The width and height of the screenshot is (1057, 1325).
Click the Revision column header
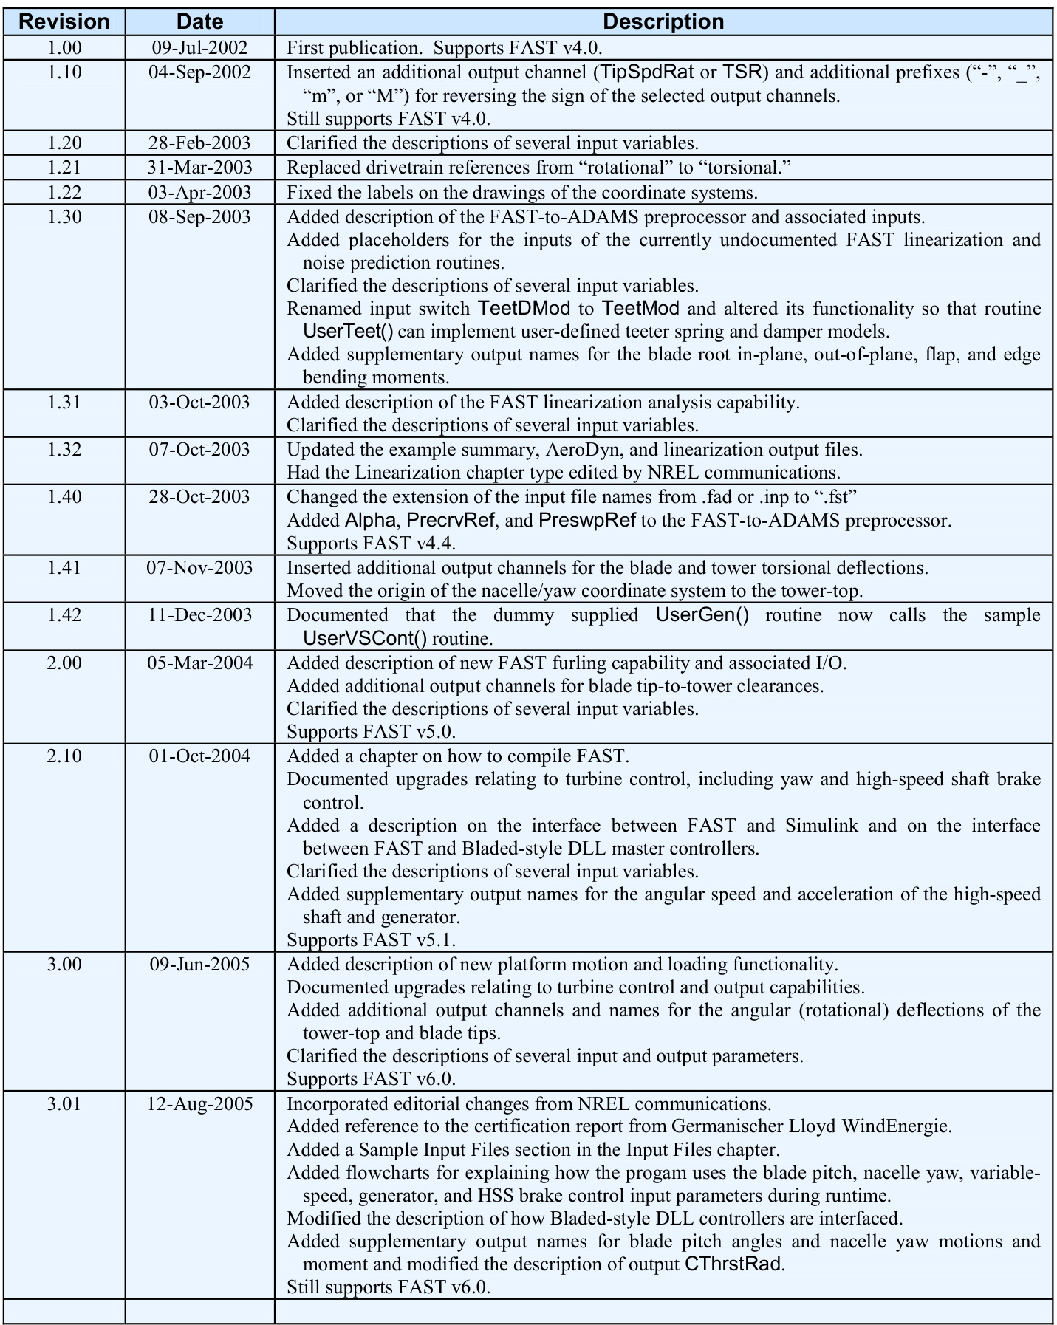[x=64, y=21]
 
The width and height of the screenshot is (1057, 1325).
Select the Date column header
[x=199, y=21]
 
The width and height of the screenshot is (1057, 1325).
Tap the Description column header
[x=663, y=21]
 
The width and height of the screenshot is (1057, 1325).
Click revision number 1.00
[x=64, y=48]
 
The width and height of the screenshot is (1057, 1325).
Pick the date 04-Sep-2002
[x=199, y=72]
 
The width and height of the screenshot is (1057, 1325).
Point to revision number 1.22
[x=64, y=193]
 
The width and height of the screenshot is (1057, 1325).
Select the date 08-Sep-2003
[x=199, y=217]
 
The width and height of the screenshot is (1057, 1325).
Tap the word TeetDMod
[x=524, y=308]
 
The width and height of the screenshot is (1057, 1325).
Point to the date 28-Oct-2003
[x=199, y=497]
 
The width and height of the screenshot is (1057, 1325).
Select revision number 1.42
[x=64, y=615]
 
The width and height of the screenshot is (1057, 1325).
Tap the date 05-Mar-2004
[x=199, y=663]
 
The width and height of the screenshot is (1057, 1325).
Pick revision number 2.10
[x=64, y=756]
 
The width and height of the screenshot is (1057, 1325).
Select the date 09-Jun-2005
[x=199, y=965]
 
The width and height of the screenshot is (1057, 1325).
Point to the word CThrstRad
[x=732, y=1264]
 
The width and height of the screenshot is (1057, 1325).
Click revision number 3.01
[x=64, y=1104]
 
